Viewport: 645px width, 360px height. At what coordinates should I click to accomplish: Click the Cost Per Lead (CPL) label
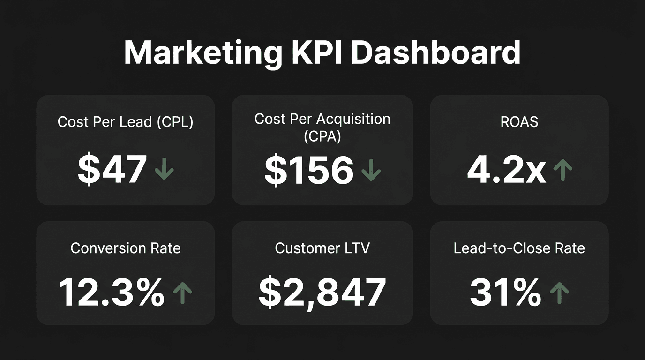pos(125,122)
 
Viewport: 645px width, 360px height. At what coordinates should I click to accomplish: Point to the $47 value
pos(112,169)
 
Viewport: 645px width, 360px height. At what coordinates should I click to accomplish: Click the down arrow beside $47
pos(164,169)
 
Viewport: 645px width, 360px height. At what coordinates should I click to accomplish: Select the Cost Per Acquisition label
pos(322,119)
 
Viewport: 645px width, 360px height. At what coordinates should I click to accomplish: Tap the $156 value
pos(309,170)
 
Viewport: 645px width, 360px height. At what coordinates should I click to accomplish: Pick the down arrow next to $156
pos(371,170)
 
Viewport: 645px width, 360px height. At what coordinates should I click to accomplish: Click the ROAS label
pos(519,122)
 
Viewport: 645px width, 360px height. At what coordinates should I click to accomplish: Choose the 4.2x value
pos(506,170)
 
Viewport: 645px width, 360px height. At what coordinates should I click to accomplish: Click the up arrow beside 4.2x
pos(562,170)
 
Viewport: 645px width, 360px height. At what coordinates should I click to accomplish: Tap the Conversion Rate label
pos(125,248)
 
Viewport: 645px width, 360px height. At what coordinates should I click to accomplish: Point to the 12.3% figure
pos(112,292)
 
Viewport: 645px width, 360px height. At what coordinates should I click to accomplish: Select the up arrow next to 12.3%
pos(182,292)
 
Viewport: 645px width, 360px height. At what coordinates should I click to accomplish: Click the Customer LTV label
pos(322,248)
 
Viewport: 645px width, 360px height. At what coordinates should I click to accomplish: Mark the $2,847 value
pos(322,292)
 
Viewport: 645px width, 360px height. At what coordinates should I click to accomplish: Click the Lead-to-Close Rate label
pos(519,248)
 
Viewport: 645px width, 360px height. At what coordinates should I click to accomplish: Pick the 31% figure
pos(505,292)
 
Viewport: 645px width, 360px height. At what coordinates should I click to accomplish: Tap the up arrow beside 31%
pos(559,292)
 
